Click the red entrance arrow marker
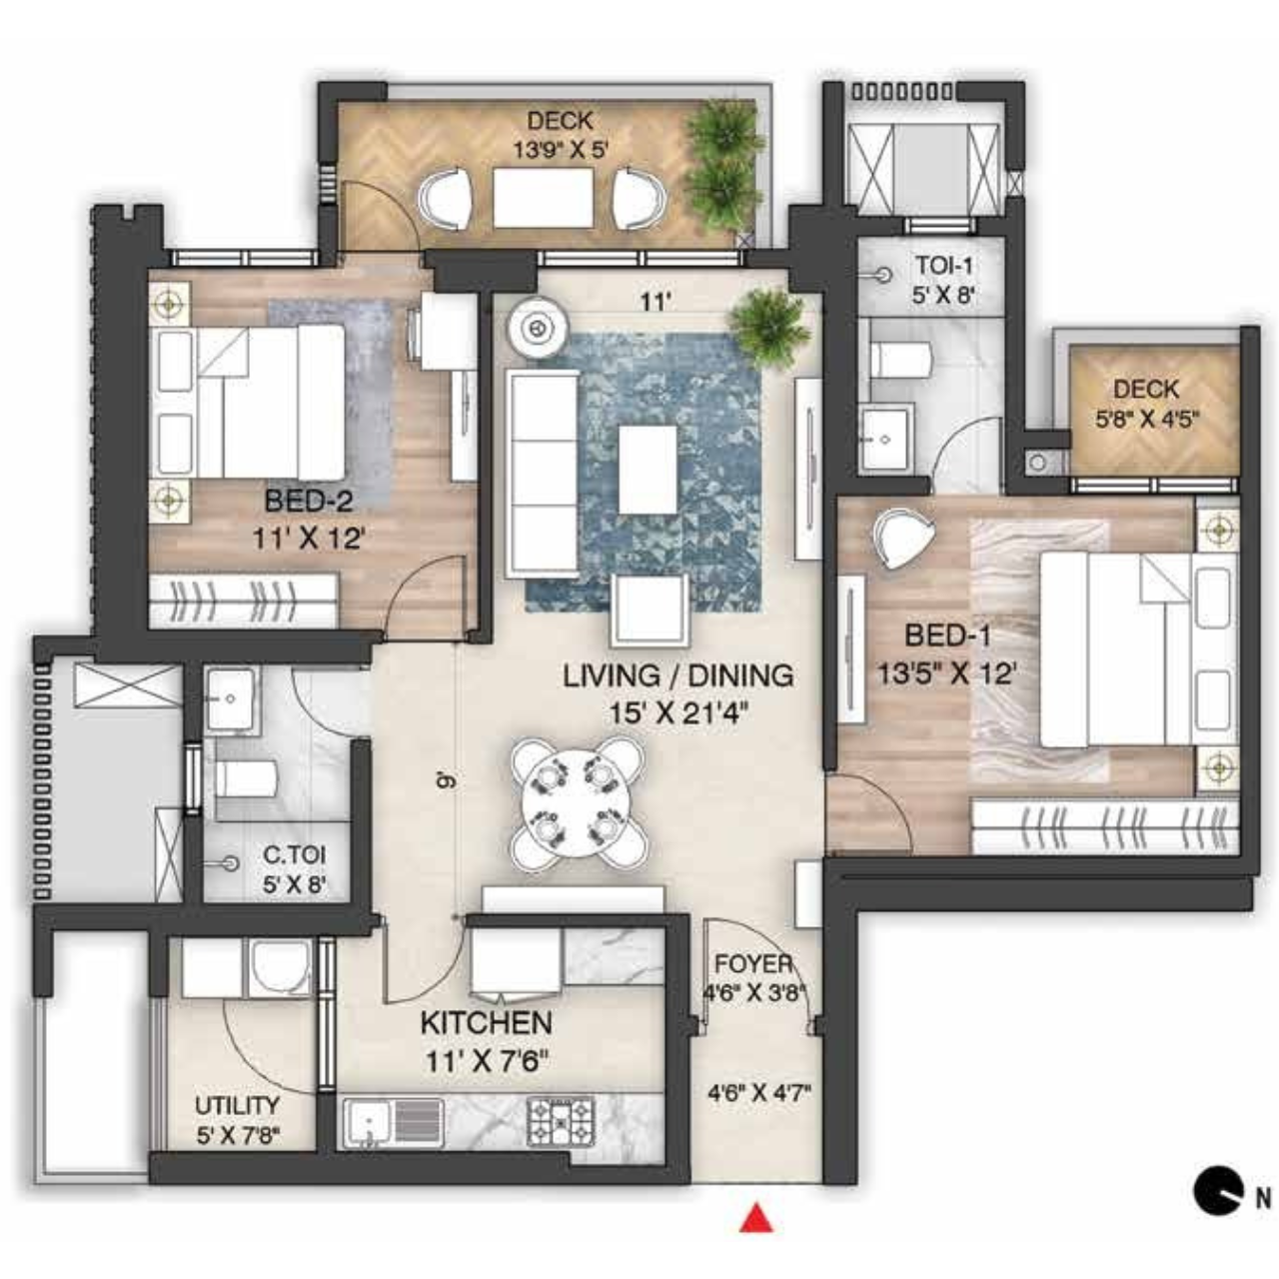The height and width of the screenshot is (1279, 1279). (756, 1219)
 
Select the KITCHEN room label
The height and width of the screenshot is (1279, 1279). (486, 1023)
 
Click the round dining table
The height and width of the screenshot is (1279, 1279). (579, 803)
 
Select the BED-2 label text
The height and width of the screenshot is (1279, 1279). (308, 502)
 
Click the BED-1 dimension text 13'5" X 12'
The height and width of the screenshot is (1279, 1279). (947, 674)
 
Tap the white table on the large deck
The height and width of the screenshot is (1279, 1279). (544, 198)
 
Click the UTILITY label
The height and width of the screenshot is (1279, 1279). (237, 1105)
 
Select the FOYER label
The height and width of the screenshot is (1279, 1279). (753, 963)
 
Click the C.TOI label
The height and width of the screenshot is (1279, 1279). (294, 854)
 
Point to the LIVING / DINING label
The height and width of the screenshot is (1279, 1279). (678, 675)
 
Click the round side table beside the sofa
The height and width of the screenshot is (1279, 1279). (539, 327)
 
